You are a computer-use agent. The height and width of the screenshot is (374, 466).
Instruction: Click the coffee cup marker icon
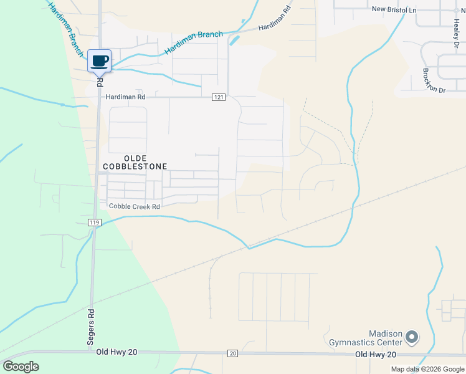pyautogui.click(x=99, y=60)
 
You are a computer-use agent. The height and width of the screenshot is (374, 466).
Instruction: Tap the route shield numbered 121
pyautogui.click(x=218, y=97)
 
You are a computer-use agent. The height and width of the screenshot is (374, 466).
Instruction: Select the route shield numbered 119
pyautogui.click(x=94, y=223)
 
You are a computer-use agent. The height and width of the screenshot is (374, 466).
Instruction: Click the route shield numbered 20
pyautogui.click(x=232, y=353)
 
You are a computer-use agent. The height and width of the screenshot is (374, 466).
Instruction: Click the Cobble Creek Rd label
pyautogui.click(x=135, y=206)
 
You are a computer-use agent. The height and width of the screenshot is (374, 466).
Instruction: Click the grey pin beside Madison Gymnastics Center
pyautogui.click(x=411, y=337)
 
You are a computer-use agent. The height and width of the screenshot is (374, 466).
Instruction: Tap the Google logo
pyautogui.click(x=21, y=367)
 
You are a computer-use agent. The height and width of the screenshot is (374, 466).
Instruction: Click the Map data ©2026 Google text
pyautogui.click(x=427, y=369)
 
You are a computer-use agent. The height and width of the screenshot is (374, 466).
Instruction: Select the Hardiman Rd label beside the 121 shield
pyautogui.click(x=125, y=97)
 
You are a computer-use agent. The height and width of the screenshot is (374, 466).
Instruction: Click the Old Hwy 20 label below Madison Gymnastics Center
pyautogui.click(x=375, y=354)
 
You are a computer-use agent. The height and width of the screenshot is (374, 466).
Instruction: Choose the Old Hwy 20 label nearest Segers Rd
pyautogui.click(x=117, y=352)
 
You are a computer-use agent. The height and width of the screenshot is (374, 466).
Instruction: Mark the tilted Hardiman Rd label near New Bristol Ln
pyautogui.click(x=274, y=19)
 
